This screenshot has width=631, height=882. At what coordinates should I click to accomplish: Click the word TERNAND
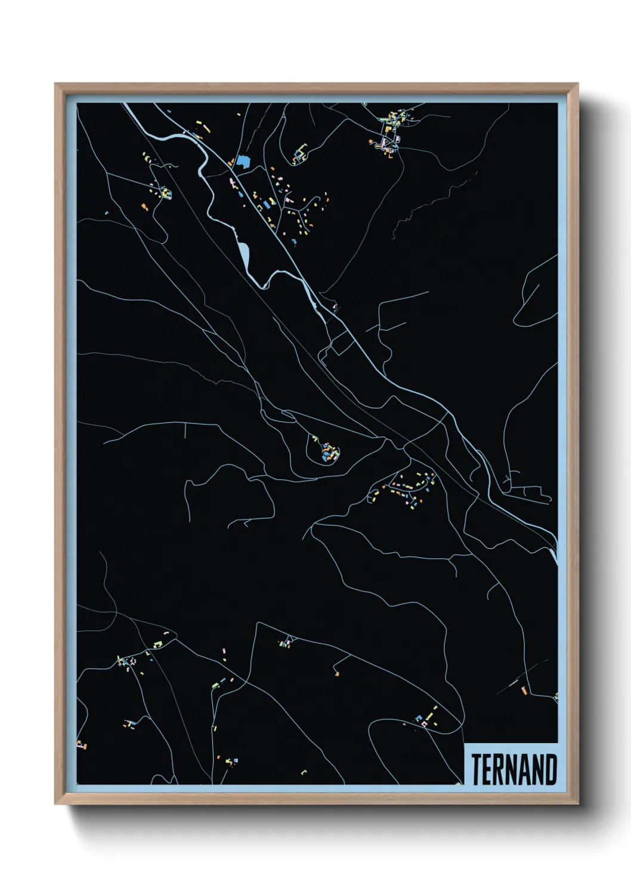coord(514,769)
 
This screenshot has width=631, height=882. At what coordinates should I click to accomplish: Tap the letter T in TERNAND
coord(477,769)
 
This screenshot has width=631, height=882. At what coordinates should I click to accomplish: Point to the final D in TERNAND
coord(550,769)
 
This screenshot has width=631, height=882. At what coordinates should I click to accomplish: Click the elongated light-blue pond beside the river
coord(244,253)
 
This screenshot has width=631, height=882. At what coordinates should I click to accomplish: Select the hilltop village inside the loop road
coord(327,451)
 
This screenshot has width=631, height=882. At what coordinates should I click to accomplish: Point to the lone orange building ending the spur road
coord(337,673)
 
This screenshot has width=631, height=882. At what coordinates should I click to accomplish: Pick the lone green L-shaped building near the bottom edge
coord(304,772)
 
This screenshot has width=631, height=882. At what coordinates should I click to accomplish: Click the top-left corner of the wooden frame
coord(57,85)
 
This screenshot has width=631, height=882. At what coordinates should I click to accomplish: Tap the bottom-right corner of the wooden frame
coord(577,803)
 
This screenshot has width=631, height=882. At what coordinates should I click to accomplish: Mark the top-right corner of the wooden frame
coord(577,85)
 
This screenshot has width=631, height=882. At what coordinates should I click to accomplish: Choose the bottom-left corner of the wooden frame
coord(57,803)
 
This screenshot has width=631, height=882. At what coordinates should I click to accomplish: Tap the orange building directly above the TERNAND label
coord(524,690)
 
